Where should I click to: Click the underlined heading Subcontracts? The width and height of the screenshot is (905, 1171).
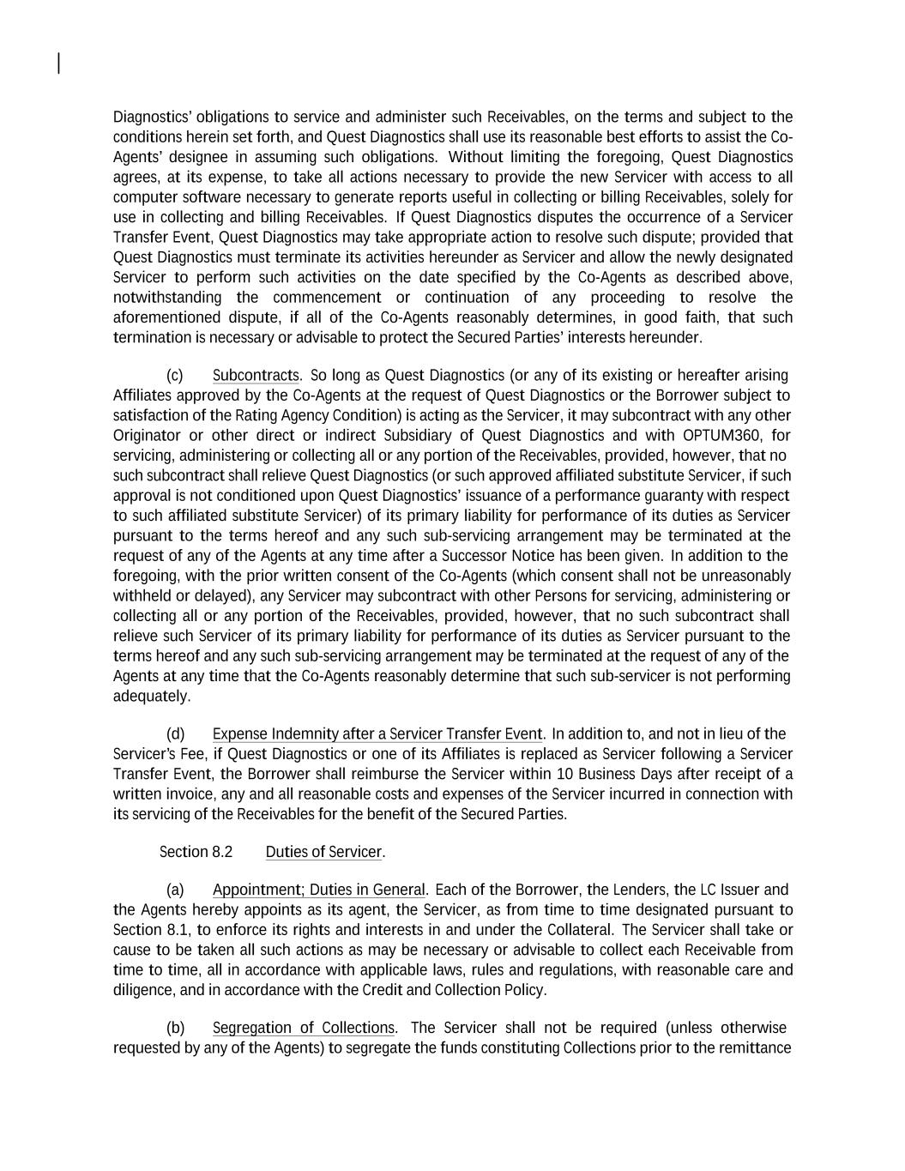[x=256, y=376]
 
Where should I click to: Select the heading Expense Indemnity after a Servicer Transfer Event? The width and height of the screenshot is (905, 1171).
[x=377, y=734]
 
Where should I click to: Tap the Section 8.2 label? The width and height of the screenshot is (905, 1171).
[x=196, y=852]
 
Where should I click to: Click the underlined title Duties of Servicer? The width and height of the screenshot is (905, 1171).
[x=323, y=852]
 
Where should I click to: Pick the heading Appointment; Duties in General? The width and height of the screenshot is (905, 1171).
[x=318, y=890]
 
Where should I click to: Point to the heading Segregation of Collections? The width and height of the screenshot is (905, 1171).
[x=304, y=1028]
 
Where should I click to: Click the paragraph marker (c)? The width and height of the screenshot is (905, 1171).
[x=175, y=376]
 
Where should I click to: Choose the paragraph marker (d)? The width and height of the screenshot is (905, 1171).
[x=175, y=734]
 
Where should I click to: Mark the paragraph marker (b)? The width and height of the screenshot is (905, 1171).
[x=175, y=1028]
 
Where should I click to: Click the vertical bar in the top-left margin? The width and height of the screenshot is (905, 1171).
[x=58, y=63]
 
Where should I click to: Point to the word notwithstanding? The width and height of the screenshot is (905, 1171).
[x=167, y=298]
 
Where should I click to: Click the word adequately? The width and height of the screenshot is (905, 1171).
[x=151, y=697]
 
